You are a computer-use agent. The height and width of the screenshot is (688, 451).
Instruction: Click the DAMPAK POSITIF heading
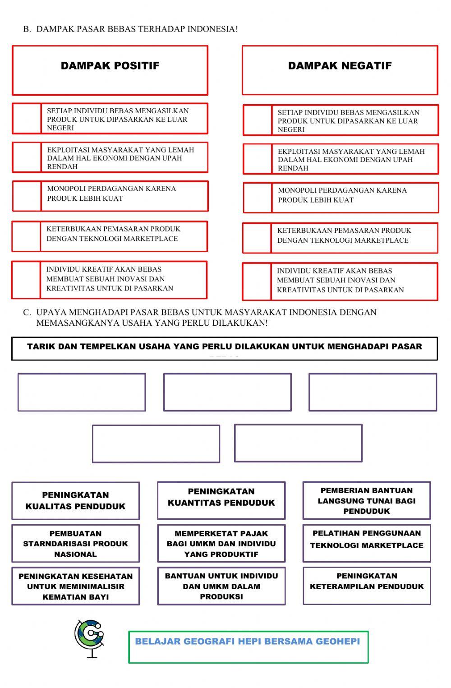110,66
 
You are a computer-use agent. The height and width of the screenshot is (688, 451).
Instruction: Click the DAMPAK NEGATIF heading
340,66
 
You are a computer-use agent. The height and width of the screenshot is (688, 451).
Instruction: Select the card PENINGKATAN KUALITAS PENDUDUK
75,501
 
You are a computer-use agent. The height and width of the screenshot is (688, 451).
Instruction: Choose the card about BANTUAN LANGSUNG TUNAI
366,501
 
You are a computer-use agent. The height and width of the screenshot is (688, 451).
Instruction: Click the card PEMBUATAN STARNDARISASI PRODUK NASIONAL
75,544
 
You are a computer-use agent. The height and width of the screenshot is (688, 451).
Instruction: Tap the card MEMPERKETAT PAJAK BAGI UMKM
221,544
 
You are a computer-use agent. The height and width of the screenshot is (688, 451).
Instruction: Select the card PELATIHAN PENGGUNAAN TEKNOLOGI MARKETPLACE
366,540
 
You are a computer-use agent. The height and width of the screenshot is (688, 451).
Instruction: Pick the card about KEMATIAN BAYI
75,586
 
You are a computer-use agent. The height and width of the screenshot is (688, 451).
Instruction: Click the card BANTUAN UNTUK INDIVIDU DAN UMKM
221,586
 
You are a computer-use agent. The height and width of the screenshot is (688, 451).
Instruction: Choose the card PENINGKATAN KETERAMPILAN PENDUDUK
366,582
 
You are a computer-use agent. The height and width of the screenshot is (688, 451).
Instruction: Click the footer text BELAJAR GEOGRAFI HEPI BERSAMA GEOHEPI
247,641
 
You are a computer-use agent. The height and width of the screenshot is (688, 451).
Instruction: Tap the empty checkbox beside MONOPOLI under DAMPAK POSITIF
27,196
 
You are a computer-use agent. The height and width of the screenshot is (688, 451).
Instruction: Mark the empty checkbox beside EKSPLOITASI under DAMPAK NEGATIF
258,159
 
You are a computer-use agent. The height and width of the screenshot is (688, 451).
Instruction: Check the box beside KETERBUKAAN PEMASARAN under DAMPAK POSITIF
26,236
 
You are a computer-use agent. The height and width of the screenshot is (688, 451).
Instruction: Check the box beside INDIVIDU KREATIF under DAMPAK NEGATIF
257,282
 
